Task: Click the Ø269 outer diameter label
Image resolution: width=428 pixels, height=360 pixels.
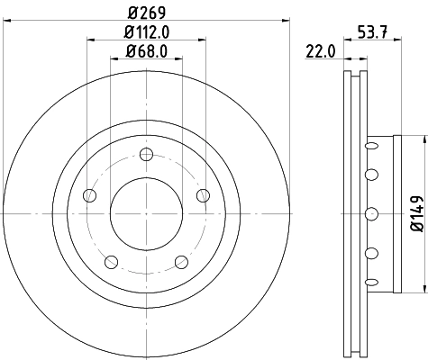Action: [145, 13]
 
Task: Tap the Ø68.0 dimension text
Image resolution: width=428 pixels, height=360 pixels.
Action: [145, 50]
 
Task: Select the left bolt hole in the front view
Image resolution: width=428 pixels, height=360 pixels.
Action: [88, 195]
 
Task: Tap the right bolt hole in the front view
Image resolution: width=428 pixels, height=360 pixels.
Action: [201, 195]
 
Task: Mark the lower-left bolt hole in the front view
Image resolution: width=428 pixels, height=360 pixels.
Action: [111, 262]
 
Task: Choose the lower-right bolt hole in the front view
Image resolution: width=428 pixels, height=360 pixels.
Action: [180, 262]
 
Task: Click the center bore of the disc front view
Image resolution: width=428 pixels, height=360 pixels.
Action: [145, 213]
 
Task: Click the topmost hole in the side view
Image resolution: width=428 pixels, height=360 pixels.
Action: [369, 142]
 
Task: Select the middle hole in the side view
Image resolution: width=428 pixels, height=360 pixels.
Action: [369, 213]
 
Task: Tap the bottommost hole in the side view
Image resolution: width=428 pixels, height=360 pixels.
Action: [369, 283]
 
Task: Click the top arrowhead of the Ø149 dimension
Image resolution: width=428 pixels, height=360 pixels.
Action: [422, 140]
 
